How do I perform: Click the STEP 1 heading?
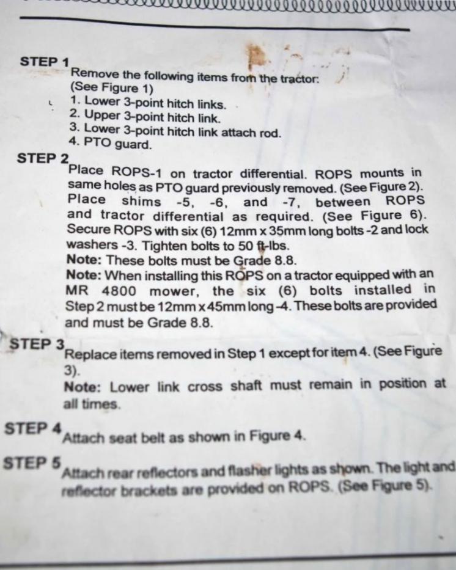click(45, 62)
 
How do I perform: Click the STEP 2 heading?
click(43, 158)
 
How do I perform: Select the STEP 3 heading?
click(37, 344)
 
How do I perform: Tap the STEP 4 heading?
click(33, 429)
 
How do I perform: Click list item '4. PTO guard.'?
click(110, 144)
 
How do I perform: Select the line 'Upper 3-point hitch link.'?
click(153, 117)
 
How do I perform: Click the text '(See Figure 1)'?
click(112, 88)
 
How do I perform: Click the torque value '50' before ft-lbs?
click(246, 246)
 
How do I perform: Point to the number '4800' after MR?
click(119, 291)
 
